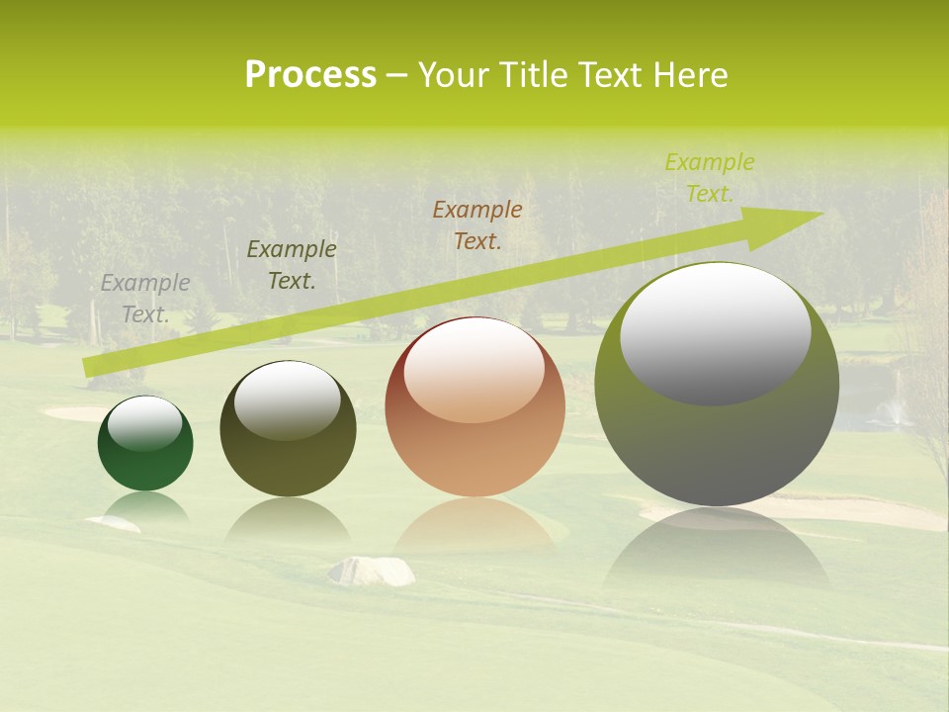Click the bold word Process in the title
pos(310,75)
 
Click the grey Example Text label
pos(145,299)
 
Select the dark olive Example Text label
pos(292,265)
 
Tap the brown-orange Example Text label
pos(477,224)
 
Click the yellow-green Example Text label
pos(710,178)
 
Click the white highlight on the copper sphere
pos(474,369)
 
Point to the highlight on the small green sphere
pos(144,422)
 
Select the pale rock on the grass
pos(372,571)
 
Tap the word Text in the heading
pos(612,75)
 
